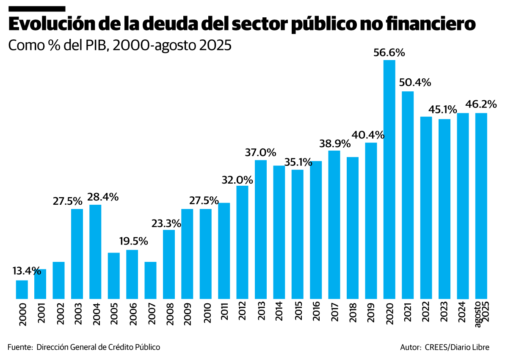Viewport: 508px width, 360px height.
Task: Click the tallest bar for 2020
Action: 389,179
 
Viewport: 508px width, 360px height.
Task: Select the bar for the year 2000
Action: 22,289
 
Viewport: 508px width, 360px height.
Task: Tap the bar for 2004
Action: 95,252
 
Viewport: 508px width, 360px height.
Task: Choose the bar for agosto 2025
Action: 481,206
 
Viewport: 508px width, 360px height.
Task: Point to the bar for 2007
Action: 150,280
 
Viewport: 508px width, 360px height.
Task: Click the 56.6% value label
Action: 389,53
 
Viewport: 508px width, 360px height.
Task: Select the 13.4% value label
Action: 26,270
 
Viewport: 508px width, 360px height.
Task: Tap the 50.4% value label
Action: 415,82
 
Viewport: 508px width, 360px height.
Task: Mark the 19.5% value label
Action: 133,242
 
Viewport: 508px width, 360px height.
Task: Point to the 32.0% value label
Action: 237,180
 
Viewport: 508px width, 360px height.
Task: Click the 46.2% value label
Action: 481,104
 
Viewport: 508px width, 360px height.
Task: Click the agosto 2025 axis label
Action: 481,313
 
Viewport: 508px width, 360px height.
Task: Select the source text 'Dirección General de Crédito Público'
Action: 98,347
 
